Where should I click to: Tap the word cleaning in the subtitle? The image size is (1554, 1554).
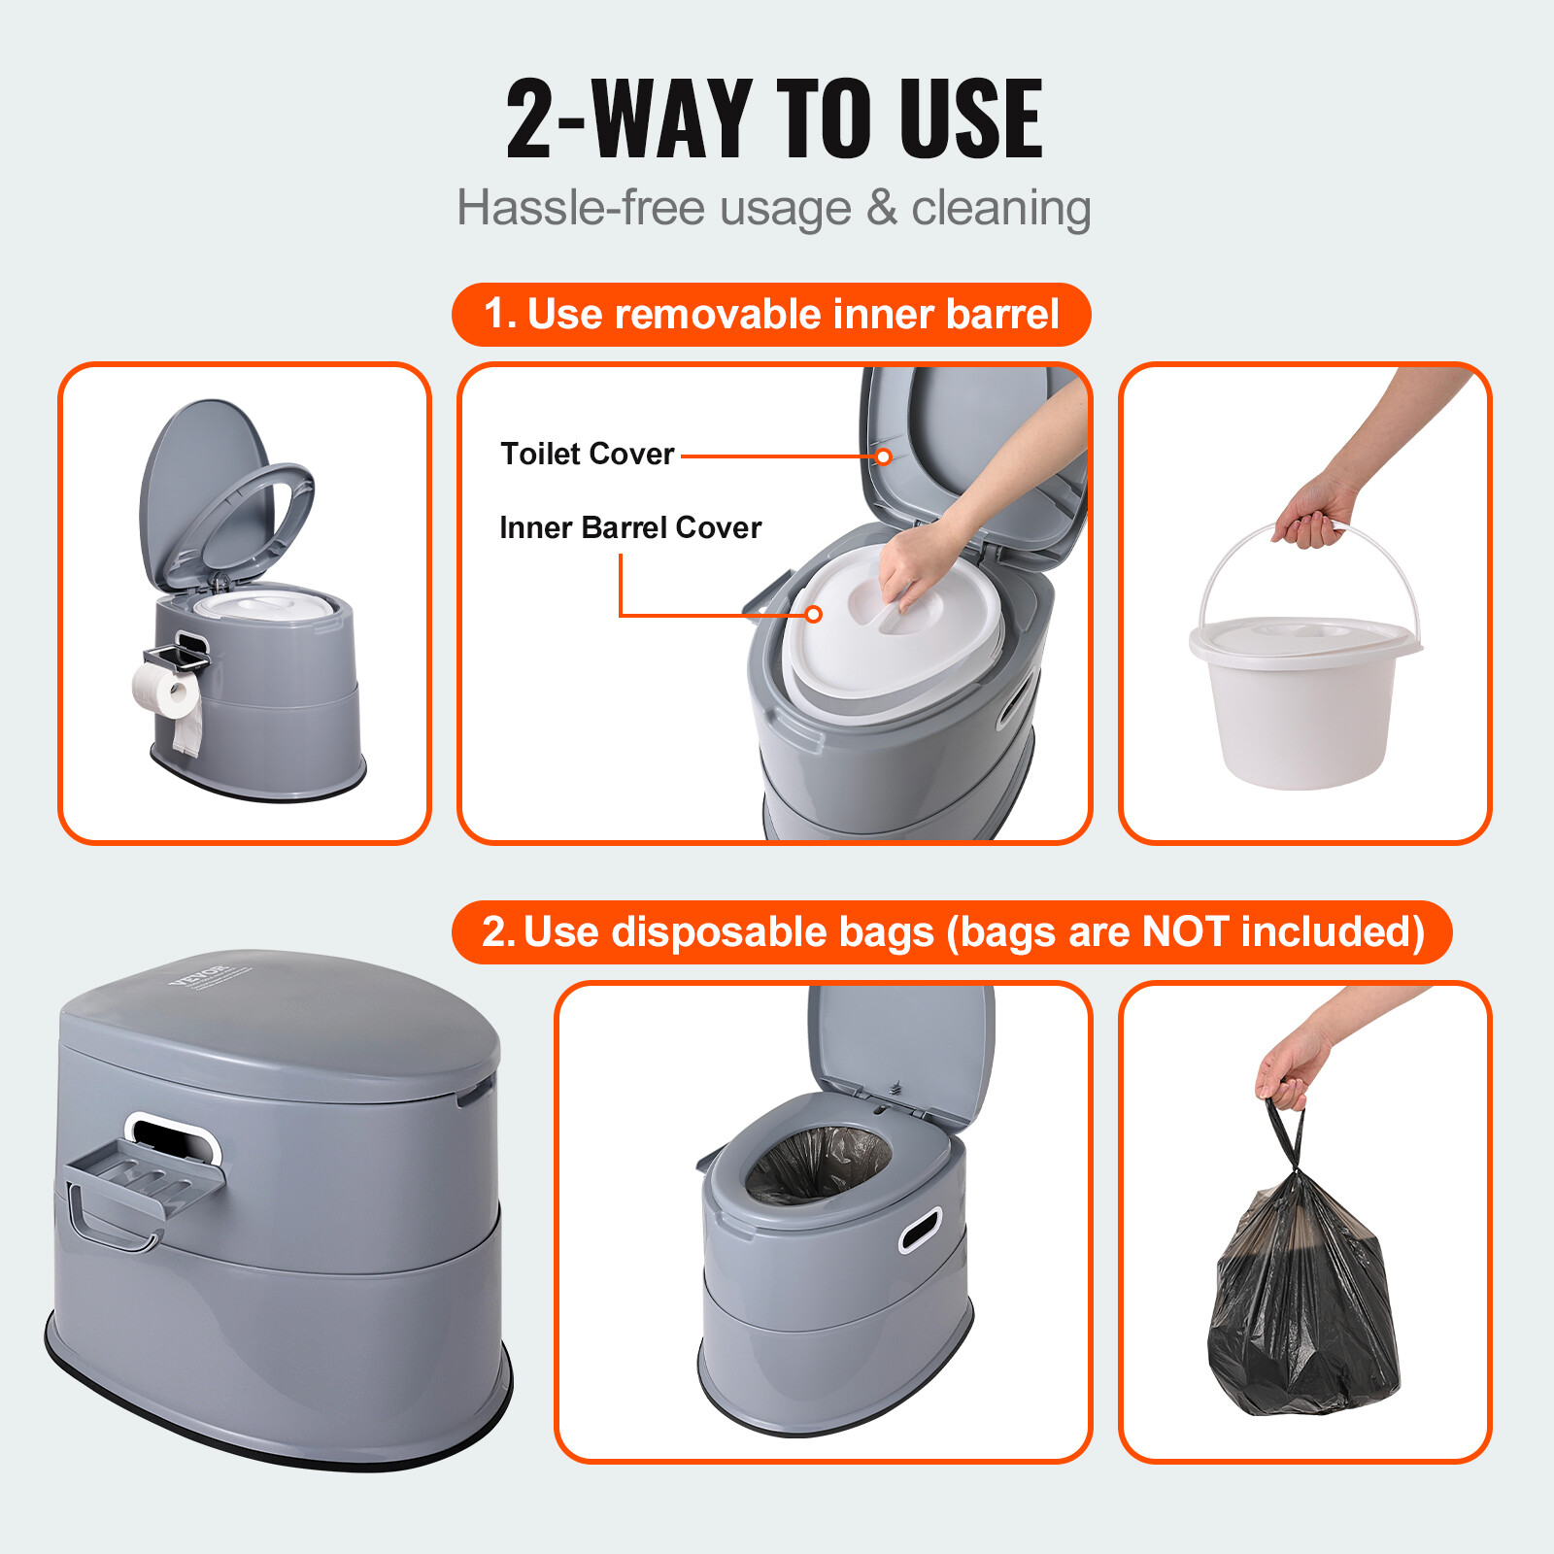[x=1000, y=208]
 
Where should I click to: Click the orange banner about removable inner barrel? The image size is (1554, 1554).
[x=771, y=315]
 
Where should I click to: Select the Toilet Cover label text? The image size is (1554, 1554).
[x=587, y=454]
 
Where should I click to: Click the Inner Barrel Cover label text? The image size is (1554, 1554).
[x=629, y=527]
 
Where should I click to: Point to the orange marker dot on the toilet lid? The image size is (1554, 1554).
[x=883, y=456]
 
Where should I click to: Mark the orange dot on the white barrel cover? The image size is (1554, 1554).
[x=814, y=614]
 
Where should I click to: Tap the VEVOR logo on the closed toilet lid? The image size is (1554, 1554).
[x=198, y=974]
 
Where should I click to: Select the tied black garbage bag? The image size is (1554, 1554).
[x=1301, y=1301]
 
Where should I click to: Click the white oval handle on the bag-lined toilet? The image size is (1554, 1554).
[x=920, y=1230]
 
